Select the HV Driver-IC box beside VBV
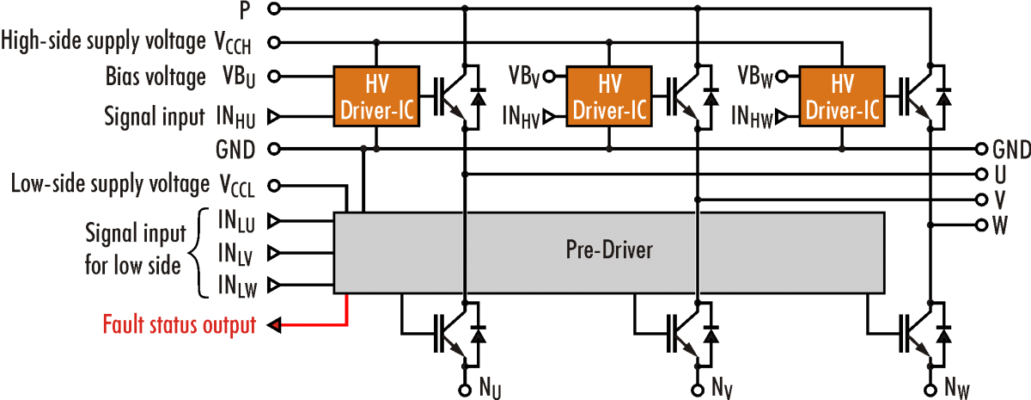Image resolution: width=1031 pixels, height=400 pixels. click(609, 97)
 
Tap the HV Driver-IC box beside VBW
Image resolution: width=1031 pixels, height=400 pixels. click(841, 97)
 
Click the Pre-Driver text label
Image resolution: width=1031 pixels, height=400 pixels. click(609, 250)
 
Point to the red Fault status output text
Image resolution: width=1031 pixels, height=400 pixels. click(180, 325)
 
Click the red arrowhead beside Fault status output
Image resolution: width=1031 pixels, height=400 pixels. click(276, 325)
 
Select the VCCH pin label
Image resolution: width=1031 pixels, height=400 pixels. click(234, 41)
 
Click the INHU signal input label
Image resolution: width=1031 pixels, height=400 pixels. click(235, 117)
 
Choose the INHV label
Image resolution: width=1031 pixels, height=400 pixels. click(521, 117)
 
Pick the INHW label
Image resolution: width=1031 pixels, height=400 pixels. click(753, 117)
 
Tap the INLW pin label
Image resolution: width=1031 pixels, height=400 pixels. click(236, 286)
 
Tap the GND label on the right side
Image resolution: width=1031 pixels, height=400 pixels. click(1010, 150)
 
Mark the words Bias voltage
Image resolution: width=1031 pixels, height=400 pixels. click(156, 77)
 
